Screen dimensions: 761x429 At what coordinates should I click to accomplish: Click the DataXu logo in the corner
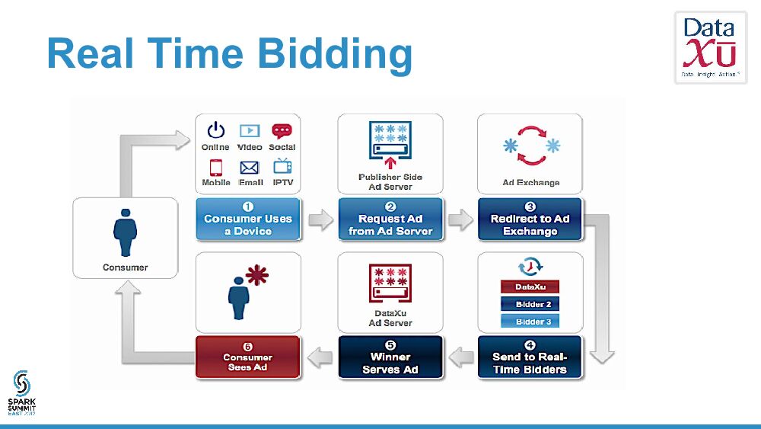click(x=710, y=47)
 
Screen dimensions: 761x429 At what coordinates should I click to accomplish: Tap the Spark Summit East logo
click(x=23, y=392)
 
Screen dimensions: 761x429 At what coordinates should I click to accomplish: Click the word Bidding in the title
click(x=335, y=55)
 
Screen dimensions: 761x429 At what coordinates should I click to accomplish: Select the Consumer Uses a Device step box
click(x=248, y=220)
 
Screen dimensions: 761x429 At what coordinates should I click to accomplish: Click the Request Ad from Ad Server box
click(x=390, y=220)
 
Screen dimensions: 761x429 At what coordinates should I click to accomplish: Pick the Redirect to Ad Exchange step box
click(x=530, y=220)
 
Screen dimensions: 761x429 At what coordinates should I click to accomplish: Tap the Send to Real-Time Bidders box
click(x=530, y=357)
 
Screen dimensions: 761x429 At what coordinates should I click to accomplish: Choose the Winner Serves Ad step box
click(x=390, y=357)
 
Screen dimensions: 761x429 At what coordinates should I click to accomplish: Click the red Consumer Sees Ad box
click(x=247, y=357)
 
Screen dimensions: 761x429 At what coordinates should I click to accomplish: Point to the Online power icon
click(x=216, y=130)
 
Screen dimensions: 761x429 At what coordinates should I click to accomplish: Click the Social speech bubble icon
click(x=282, y=130)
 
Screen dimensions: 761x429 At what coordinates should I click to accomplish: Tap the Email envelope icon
click(x=250, y=167)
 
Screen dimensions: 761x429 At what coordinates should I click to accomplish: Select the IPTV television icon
click(x=282, y=166)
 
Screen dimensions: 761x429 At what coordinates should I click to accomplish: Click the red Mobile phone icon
click(x=216, y=167)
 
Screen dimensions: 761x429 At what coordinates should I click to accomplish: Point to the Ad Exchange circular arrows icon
click(x=530, y=146)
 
